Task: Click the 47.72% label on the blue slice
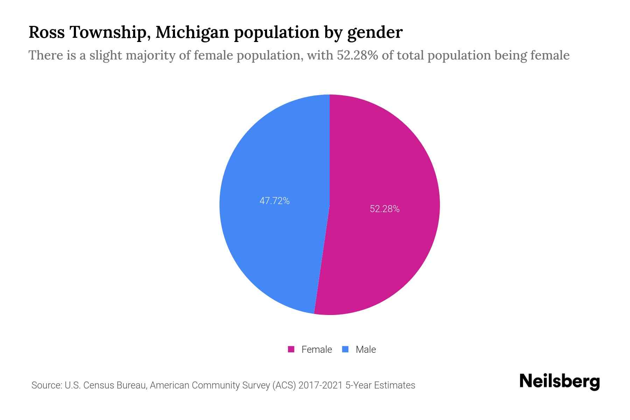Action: click(x=274, y=201)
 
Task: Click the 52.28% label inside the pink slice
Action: click(x=385, y=209)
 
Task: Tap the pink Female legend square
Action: click(x=291, y=349)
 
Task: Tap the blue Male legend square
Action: click(x=345, y=349)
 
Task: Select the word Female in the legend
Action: click(x=316, y=349)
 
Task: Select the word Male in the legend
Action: click(x=365, y=349)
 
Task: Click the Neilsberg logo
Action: click(x=559, y=381)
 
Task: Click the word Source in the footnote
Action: click(x=46, y=385)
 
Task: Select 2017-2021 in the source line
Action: click(x=320, y=385)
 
